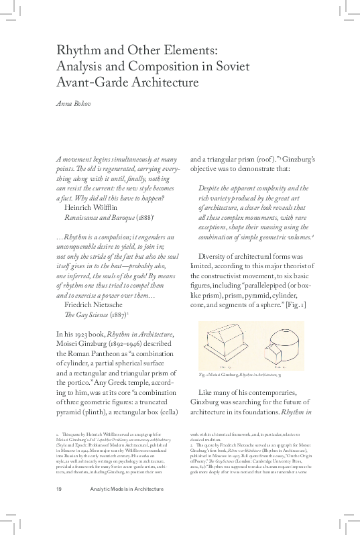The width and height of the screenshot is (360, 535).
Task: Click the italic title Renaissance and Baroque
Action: click(x=98, y=219)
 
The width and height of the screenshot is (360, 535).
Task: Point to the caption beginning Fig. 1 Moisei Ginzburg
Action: click(x=239, y=373)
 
